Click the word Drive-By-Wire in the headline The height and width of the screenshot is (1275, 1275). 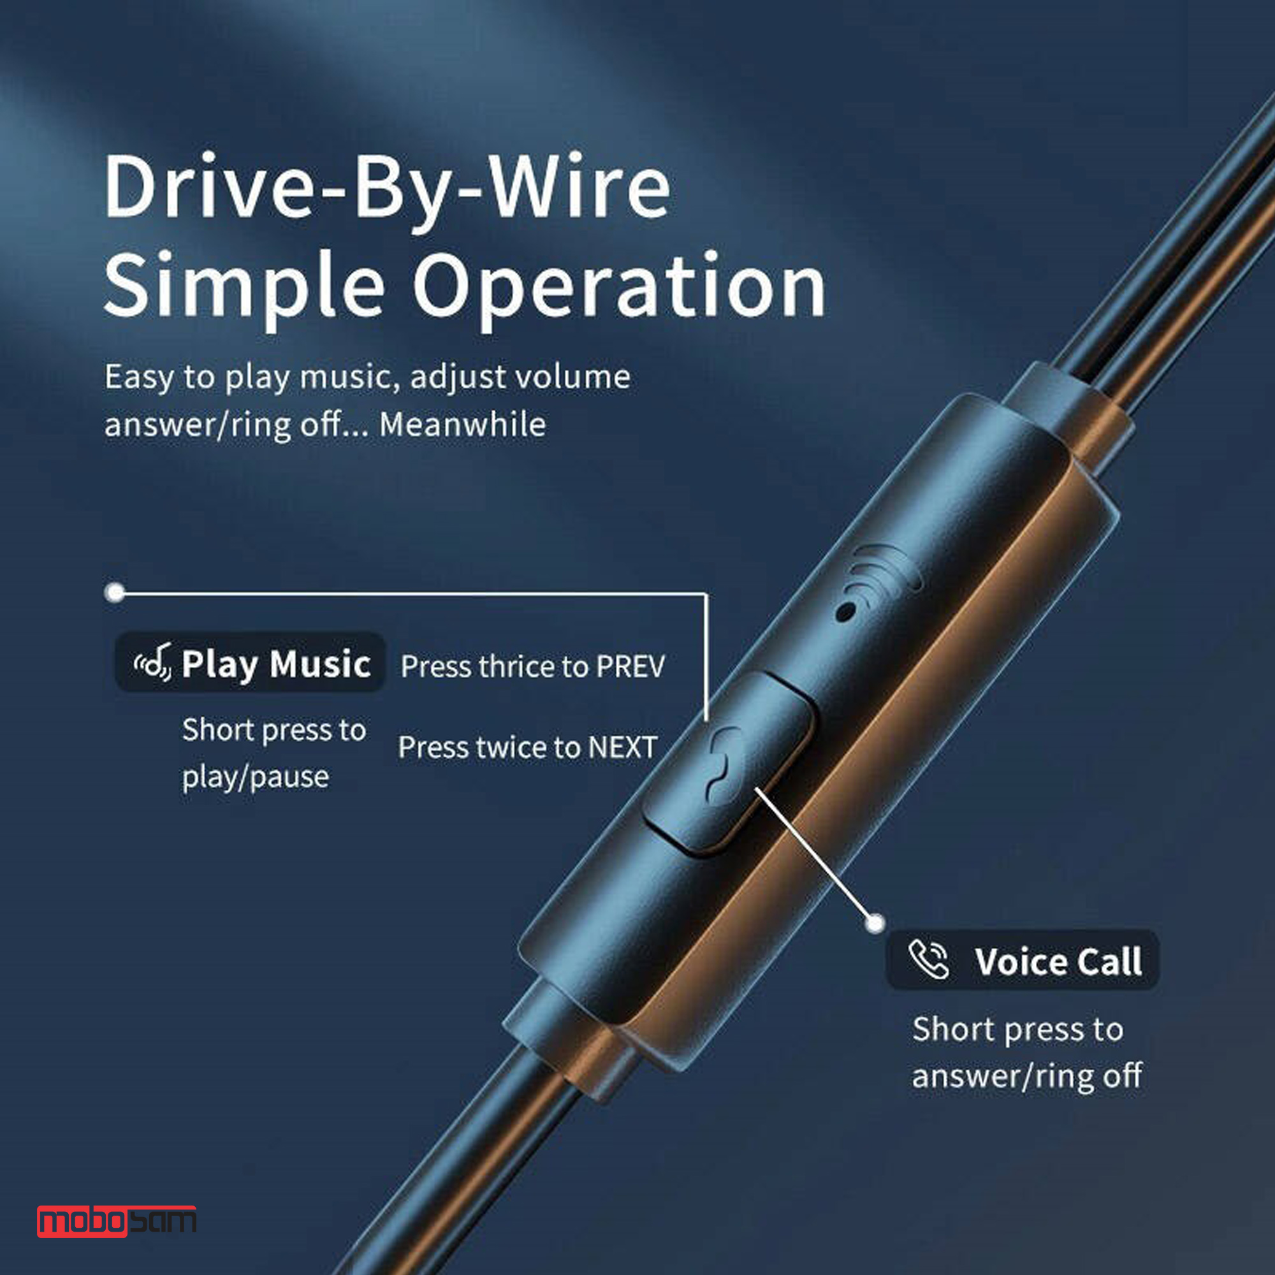point(388,189)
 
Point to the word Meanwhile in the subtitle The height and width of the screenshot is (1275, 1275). point(463,425)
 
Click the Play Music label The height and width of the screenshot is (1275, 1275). point(276,664)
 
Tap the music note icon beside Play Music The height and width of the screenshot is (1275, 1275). point(153,661)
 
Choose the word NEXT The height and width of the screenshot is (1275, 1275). point(622,748)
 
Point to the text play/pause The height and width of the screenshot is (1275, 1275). point(256,776)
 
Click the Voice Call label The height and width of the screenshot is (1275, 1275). point(1058,961)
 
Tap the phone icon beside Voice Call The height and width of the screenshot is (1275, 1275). point(929,959)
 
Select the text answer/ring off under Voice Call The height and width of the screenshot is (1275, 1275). point(1027,1076)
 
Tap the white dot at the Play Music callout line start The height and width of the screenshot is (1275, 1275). point(115,592)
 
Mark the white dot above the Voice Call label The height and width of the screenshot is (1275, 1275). point(875,922)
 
